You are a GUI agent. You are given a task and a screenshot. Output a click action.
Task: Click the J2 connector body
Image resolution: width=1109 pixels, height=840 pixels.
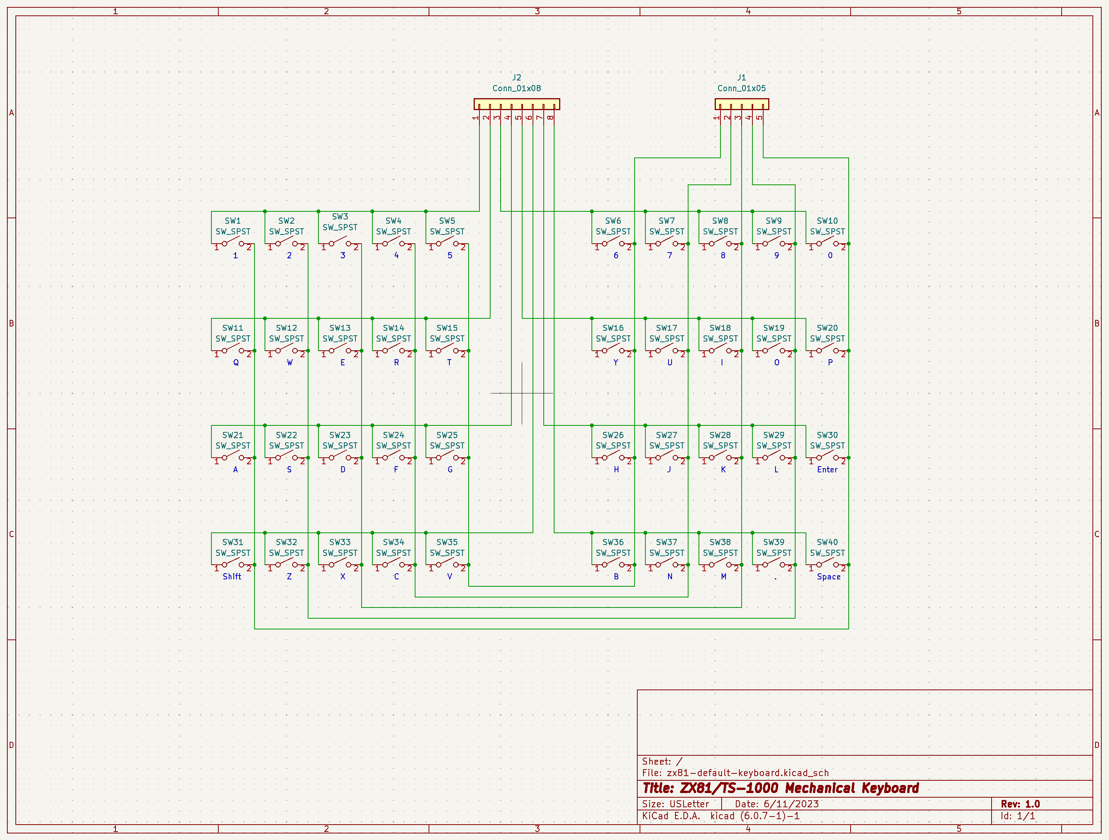pyautogui.click(x=516, y=104)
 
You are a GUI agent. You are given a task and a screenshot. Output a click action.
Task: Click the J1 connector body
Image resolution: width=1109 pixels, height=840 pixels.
pyautogui.click(x=742, y=104)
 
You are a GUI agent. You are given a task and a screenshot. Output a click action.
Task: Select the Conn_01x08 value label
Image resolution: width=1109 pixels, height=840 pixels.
pyautogui.click(x=516, y=88)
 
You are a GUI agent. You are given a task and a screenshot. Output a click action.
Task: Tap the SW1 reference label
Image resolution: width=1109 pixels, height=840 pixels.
pyautogui.click(x=233, y=221)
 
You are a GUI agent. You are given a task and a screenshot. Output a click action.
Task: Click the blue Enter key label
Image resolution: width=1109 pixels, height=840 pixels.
pyautogui.click(x=827, y=470)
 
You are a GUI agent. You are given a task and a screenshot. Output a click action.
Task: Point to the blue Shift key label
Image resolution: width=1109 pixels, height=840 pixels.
pyautogui.click(x=232, y=576)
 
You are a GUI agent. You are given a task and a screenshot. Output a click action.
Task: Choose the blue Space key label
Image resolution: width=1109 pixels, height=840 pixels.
pyautogui.click(x=828, y=576)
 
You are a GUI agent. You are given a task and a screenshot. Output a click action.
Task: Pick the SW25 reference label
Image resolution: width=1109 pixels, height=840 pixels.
pyautogui.click(x=447, y=435)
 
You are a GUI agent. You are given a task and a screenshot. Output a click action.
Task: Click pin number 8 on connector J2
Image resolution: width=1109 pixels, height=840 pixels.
pyautogui.click(x=551, y=118)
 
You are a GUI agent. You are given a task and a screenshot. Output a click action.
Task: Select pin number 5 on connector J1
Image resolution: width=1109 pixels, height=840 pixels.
pyautogui.click(x=760, y=118)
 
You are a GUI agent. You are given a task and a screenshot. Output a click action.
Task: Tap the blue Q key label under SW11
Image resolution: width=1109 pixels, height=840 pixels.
pyautogui.click(x=236, y=362)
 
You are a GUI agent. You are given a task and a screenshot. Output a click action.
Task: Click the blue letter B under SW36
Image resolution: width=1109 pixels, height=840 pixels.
pyautogui.click(x=616, y=576)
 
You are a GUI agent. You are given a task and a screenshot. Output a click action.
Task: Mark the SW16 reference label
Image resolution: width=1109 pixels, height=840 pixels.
pyautogui.click(x=613, y=328)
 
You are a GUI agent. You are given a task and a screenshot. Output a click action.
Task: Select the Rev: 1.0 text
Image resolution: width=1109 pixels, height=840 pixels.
pyautogui.click(x=1020, y=804)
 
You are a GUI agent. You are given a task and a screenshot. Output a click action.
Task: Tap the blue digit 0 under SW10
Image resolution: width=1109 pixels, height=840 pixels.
pyautogui.click(x=830, y=256)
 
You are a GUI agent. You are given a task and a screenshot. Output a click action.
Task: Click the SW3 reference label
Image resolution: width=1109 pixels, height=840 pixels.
pyautogui.click(x=340, y=216)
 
